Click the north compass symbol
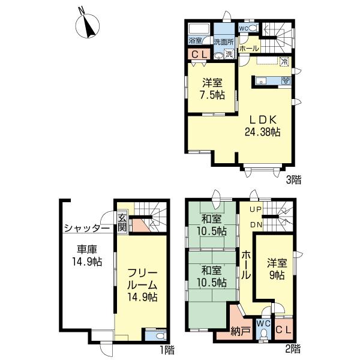click(x=89, y=26)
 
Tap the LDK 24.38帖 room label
click(x=263, y=125)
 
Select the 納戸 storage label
click(x=240, y=331)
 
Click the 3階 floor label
click(x=293, y=179)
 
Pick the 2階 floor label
click(x=293, y=347)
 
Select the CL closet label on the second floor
click(x=284, y=329)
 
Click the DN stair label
click(x=255, y=224)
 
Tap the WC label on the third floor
click(x=244, y=28)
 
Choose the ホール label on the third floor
click(x=248, y=48)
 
